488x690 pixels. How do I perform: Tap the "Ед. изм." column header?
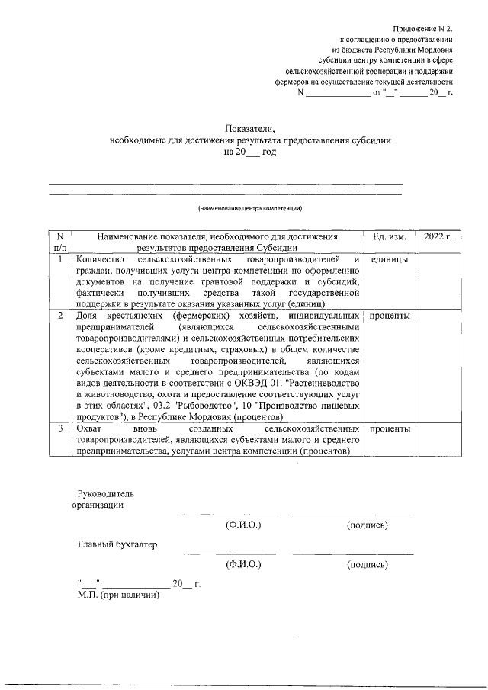390,237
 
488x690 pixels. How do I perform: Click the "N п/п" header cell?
60,242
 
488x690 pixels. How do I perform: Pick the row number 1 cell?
60,260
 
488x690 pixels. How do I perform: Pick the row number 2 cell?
60,315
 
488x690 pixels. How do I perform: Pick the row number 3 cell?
60,429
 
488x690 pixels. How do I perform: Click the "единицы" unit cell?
389,260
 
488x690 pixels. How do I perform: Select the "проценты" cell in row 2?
389,315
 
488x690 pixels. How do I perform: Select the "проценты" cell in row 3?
389,429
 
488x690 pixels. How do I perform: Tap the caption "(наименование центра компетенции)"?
250,208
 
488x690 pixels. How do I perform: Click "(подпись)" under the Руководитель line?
367,525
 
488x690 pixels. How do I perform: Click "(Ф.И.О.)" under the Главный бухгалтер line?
243,565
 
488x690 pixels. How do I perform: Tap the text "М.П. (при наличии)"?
118,595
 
